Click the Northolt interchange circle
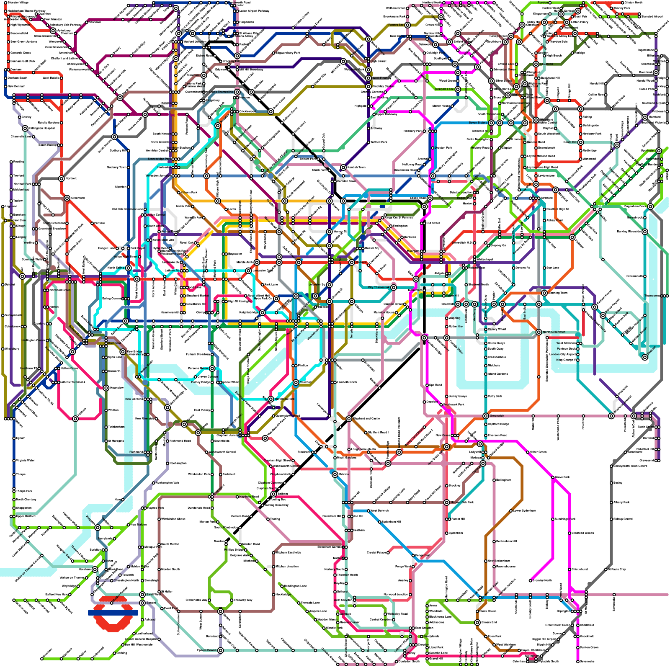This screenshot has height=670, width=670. pos(62,179)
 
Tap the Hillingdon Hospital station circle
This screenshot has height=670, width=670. pos(25,128)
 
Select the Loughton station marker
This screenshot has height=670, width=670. pos(536,64)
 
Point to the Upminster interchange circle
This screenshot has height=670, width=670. pos(659,151)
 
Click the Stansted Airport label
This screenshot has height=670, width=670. pos(652,16)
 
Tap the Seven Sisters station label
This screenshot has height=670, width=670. pos(478,123)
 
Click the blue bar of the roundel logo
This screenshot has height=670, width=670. pos(113,612)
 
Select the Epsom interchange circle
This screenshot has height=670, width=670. pos(142,603)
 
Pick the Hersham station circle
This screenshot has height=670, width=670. pos(95,569)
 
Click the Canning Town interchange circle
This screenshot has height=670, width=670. pos(544,293)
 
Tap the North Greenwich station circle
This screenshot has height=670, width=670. pos(539,332)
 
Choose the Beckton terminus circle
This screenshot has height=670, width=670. pos(645,357)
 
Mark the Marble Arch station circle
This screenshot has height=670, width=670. pos(257,263)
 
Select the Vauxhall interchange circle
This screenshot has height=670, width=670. pos(296,382)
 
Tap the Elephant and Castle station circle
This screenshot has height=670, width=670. pos(349,419)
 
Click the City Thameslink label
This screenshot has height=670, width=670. pos(379,287)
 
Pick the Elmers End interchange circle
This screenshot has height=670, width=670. pos(477,623)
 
